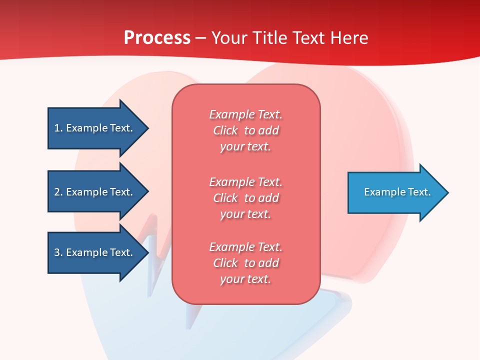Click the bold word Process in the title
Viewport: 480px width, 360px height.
157,38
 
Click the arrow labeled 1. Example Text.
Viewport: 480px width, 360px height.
93,128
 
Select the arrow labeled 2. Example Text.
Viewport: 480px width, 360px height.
93,192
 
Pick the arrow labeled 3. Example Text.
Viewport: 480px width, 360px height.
93,252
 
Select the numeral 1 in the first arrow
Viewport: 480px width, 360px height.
57,128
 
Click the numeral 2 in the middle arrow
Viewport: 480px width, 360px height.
57,192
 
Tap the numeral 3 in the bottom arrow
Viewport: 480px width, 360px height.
57,252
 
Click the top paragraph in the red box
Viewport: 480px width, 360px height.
246,130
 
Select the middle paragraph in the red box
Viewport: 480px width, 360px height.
246,198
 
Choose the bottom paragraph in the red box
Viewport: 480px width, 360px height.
246,263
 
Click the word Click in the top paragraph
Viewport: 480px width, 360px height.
225,130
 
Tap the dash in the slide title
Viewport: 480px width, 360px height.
200,38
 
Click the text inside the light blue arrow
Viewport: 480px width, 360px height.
397,192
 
